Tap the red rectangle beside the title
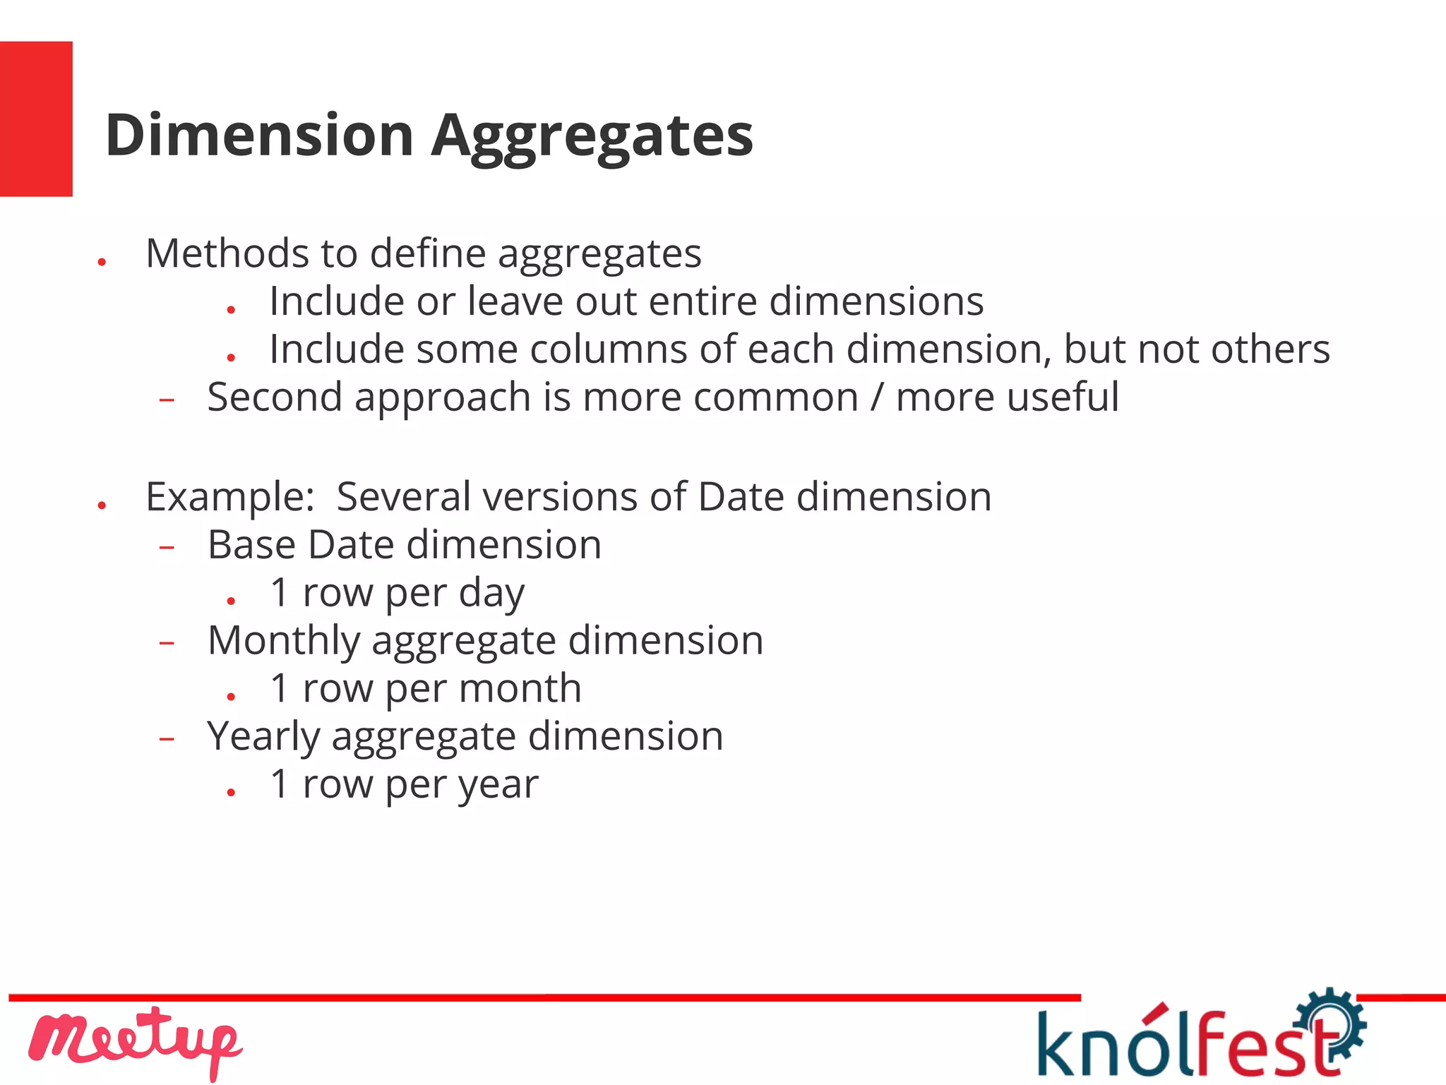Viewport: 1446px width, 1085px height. tap(36, 119)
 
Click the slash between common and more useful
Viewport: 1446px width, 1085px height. tap(877, 397)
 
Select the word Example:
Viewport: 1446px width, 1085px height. tap(229, 497)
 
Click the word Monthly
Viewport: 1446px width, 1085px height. tap(284, 641)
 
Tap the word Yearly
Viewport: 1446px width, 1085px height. tap(263, 737)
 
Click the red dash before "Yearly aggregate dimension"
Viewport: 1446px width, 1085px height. tap(167, 739)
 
